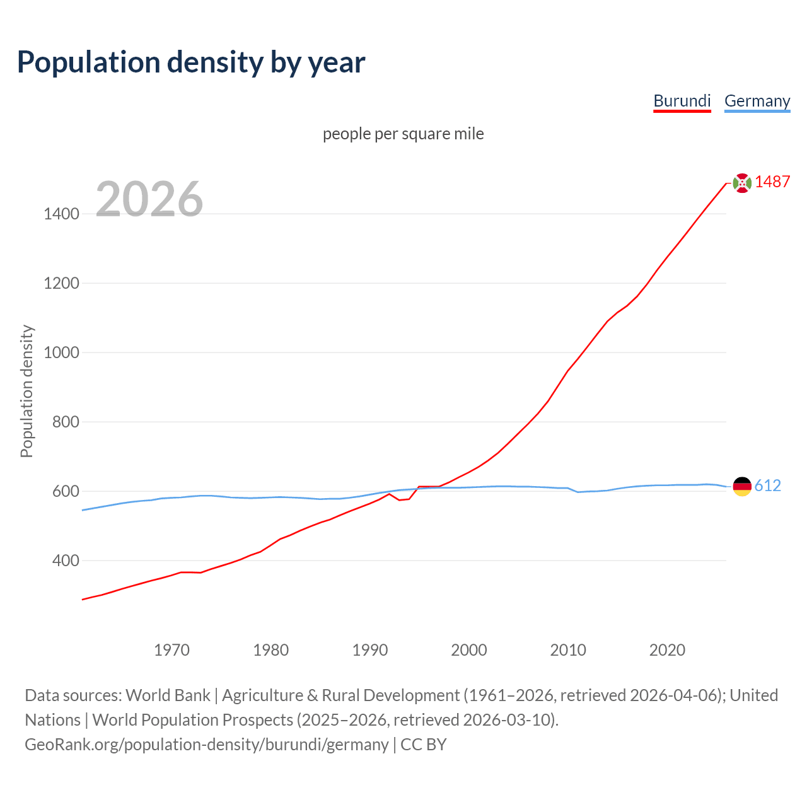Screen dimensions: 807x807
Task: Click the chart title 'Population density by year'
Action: tap(191, 62)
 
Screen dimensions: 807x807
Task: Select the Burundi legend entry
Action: tap(682, 101)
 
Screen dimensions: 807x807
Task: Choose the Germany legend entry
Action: tap(757, 101)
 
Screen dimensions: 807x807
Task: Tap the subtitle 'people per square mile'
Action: tap(403, 134)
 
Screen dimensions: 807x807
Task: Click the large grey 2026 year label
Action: tap(149, 199)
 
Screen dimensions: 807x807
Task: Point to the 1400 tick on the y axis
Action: tap(61, 214)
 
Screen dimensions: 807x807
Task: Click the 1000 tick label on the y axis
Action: tap(61, 352)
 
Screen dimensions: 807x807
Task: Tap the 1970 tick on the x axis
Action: tap(171, 650)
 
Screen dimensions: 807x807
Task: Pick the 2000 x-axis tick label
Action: tap(469, 650)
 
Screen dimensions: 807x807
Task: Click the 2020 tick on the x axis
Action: tap(667, 650)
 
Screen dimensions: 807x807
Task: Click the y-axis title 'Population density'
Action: tap(26, 391)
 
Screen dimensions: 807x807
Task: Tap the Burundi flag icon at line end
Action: tap(742, 183)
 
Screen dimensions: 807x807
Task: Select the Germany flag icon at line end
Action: tap(742, 486)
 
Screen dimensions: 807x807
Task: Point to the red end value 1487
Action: tap(772, 182)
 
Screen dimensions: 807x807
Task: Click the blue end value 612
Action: tap(767, 485)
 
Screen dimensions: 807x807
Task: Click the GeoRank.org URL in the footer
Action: tap(206, 744)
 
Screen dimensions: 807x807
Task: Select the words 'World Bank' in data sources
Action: tap(168, 695)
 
